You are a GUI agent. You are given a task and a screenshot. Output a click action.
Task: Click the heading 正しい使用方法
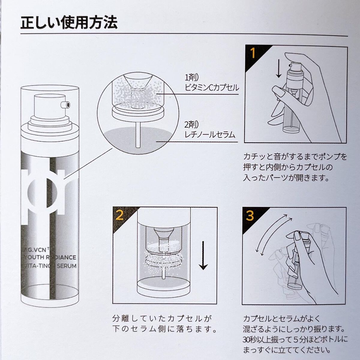[x=69, y=23]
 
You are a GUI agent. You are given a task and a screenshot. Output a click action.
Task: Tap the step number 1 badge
[x=253, y=53]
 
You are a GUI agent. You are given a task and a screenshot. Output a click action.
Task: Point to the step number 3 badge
[x=250, y=216]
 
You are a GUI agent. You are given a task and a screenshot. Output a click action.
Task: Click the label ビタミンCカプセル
[x=212, y=87]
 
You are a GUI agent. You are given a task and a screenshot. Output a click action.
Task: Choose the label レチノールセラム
[x=210, y=134]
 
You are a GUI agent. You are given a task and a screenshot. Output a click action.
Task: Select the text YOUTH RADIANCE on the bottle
[x=50, y=257]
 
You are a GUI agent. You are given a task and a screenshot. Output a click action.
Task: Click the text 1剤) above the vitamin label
[x=190, y=77]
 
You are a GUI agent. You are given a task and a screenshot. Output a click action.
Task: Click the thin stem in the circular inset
[x=138, y=135]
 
